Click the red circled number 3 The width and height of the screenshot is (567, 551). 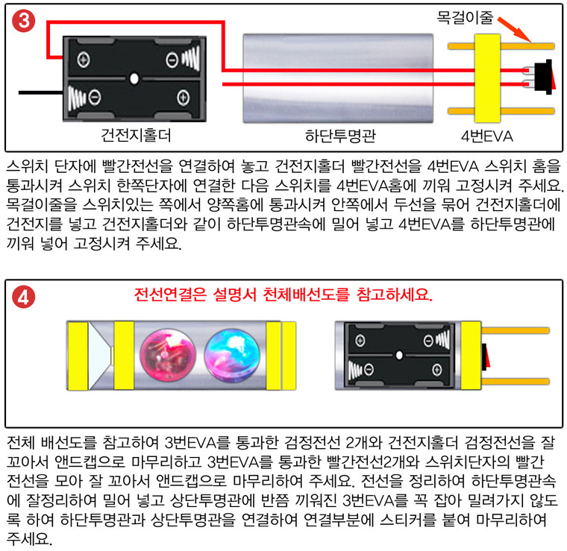tap(24, 21)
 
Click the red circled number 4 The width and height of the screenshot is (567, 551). tap(24, 297)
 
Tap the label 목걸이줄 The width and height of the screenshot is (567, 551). tap(465, 17)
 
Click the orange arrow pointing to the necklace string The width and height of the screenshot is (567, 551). tap(515, 30)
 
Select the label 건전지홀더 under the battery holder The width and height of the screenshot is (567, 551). tap(136, 136)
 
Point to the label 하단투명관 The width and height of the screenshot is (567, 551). tap(340, 136)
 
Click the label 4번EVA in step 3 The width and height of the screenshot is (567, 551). tap(486, 136)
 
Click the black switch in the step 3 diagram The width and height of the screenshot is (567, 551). tap(543, 77)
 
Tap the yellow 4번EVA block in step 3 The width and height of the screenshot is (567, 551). tap(487, 78)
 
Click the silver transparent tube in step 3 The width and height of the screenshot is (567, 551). tap(338, 78)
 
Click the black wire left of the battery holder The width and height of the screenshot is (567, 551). tap(41, 93)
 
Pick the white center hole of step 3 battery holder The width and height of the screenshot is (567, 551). tap(134, 78)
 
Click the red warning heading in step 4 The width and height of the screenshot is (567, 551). tap(283, 295)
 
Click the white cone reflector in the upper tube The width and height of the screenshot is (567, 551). tap(101, 356)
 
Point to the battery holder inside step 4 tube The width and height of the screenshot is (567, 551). tap(399, 356)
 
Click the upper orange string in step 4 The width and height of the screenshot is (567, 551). tap(516, 330)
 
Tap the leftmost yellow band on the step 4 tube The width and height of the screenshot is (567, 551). tap(78, 356)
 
